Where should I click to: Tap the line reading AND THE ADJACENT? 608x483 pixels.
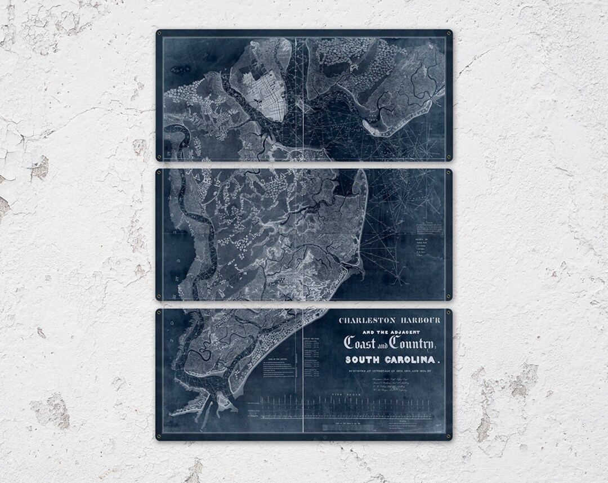click(387, 332)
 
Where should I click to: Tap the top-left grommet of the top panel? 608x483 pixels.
click(160, 34)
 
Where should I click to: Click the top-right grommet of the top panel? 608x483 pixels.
click(448, 34)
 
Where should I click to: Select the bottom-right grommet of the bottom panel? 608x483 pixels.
click(448, 436)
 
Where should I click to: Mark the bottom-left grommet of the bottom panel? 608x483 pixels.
click(160, 436)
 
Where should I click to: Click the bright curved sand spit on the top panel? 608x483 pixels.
click(394, 121)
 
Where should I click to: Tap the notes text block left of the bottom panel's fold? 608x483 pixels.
click(278, 372)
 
